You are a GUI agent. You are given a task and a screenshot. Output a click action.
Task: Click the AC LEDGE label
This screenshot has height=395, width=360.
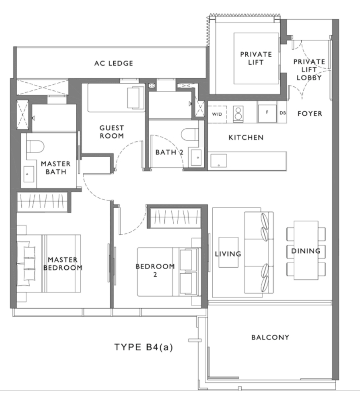114,63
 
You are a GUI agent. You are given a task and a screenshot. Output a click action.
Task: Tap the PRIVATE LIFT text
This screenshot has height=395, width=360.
256,59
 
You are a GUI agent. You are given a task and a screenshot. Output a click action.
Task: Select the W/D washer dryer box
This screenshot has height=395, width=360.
217,114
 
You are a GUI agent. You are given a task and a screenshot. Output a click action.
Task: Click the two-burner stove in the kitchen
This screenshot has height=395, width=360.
238,114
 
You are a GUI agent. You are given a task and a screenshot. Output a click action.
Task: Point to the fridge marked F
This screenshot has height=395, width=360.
267,114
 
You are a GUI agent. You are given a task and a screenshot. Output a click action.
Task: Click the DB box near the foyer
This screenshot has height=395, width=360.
283,113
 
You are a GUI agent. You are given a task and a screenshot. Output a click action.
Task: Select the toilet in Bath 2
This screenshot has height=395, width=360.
190,134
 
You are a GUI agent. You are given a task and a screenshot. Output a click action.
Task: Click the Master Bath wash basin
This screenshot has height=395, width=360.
29,174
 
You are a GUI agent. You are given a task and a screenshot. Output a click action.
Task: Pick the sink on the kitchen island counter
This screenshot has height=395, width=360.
218,161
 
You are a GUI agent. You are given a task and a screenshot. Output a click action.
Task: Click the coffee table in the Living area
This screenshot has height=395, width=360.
229,252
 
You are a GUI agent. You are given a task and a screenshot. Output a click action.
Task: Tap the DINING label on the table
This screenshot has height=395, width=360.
306,251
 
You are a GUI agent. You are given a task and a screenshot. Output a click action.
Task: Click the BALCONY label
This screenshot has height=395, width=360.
270,337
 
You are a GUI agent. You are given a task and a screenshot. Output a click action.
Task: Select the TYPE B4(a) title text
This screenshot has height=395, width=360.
144,347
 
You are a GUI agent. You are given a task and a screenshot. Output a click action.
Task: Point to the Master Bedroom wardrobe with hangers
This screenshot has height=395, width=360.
42,202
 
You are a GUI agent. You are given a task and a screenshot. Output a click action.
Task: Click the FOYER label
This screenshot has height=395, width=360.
310,114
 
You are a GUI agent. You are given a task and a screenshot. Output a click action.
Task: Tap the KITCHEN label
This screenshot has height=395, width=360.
246,137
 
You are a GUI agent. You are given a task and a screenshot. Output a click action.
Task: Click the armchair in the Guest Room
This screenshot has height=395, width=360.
136,98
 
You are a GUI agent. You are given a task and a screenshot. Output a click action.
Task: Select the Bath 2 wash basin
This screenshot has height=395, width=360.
196,158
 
